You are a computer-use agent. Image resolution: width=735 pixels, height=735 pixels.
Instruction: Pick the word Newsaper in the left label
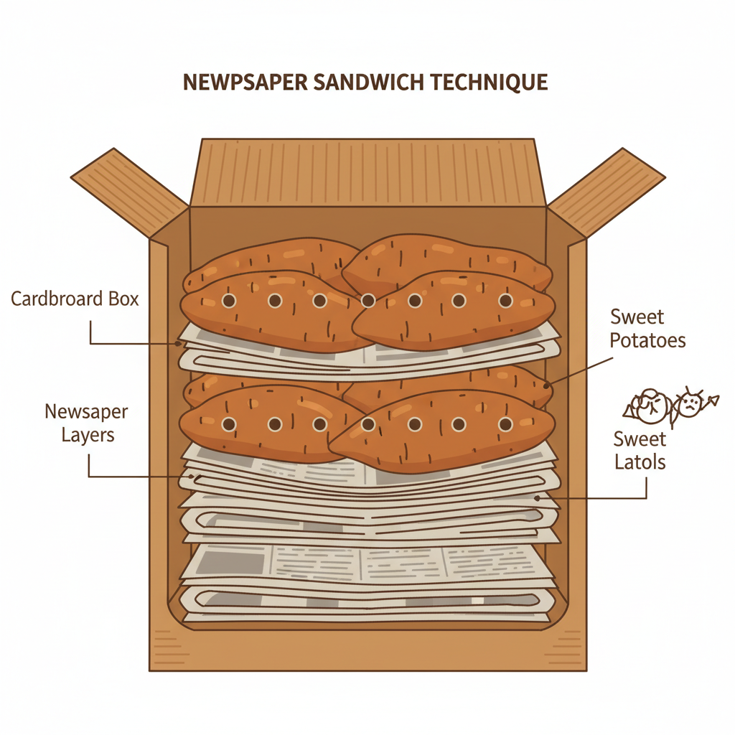tap(86, 412)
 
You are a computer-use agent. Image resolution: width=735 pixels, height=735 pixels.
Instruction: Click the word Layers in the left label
tap(88, 435)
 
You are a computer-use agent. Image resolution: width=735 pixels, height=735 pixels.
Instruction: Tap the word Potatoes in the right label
tap(647, 340)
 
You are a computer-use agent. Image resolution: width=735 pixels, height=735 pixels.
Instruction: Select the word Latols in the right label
tap(640, 462)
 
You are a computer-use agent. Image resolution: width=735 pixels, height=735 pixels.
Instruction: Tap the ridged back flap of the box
tap(367, 172)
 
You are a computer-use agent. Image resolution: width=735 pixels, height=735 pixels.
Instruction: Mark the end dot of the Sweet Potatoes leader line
tap(548, 385)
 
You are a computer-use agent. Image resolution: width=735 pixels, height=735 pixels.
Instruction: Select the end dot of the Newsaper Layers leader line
tap(190, 476)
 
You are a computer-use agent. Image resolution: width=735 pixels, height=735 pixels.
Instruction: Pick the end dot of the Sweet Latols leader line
tap(537, 497)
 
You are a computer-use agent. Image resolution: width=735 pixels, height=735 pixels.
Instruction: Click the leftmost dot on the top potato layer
tap(228, 301)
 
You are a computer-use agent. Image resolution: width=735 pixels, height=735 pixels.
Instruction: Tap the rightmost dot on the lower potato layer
tap(505, 425)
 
